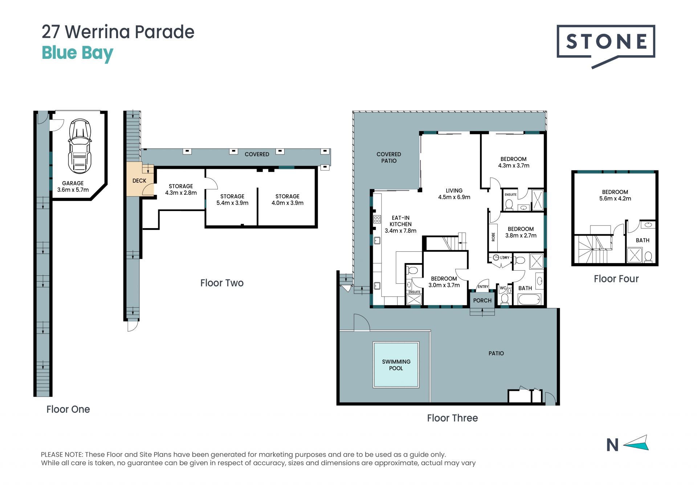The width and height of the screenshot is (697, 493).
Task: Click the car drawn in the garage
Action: click(x=80, y=146)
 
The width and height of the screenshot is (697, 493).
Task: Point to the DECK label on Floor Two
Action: click(x=139, y=181)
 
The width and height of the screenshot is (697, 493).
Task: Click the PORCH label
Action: click(x=482, y=300)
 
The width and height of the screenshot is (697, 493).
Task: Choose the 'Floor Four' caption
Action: click(x=616, y=279)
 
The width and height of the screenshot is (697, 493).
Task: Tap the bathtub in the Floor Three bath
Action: click(x=530, y=300)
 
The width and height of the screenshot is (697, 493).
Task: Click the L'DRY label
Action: click(x=505, y=258)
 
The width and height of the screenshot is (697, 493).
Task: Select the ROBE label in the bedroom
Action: click(x=493, y=237)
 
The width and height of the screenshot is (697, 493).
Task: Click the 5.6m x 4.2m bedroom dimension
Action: click(x=615, y=199)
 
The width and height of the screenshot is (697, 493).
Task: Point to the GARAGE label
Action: click(x=73, y=183)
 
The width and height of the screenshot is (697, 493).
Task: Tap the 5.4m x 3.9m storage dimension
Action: click(x=232, y=203)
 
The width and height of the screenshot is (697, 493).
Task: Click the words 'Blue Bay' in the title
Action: click(x=77, y=53)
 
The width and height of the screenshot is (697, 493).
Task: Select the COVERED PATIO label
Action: click(x=389, y=157)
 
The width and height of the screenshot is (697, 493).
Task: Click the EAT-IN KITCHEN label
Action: click(x=401, y=221)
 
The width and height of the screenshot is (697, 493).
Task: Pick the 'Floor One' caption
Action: click(x=68, y=409)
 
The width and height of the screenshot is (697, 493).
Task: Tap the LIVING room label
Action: click(x=454, y=190)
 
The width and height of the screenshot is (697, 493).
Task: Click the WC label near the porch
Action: click(x=503, y=288)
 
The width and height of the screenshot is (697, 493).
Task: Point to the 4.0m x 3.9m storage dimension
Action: click(x=288, y=203)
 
